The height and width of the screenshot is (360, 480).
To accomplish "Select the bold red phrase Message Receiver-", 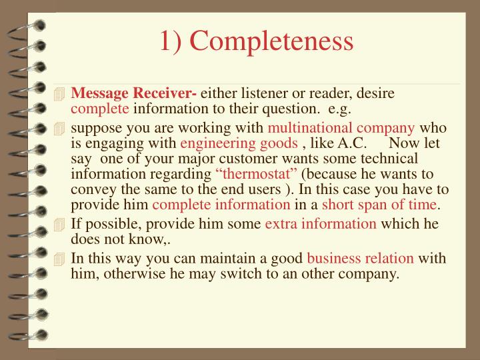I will [x=133, y=94].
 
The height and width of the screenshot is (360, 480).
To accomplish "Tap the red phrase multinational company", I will [x=341, y=128].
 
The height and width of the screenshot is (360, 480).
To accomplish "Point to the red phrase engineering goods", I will [x=239, y=143].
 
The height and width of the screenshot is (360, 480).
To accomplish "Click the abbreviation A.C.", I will [x=351, y=143].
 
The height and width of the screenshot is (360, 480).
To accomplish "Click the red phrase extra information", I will [x=321, y=223].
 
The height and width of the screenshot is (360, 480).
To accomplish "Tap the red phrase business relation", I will [x=360, y=258].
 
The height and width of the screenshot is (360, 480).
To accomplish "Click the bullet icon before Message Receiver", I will [x=61, y=95].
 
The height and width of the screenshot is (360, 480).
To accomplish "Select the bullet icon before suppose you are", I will [x=61, y=129].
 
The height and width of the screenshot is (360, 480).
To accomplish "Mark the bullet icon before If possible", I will [x=61, y=224].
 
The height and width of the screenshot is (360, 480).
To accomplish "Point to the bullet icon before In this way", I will [x=61, y=259].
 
